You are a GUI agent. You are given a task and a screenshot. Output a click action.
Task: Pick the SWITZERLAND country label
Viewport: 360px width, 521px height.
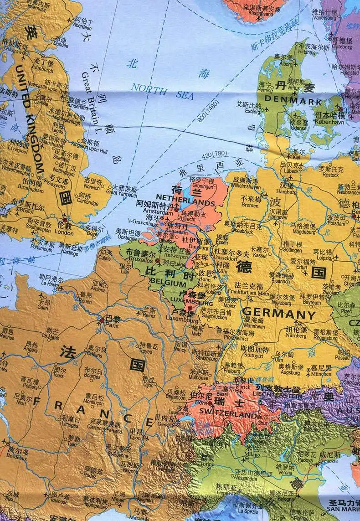[x=228, y=415]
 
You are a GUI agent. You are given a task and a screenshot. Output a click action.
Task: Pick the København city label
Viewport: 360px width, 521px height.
[x=330, y=123]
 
